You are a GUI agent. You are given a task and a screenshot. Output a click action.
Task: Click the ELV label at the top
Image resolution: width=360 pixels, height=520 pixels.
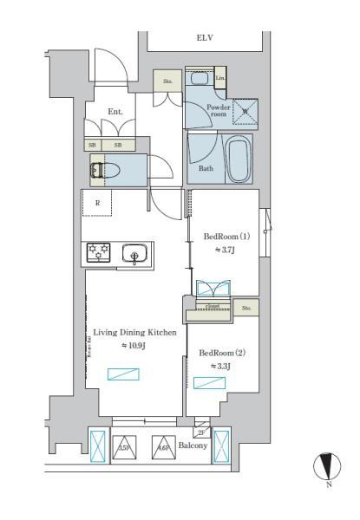pyautogui.click(x=205, y=39)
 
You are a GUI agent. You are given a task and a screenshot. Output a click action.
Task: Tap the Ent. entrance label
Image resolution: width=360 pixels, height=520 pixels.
pyautogui.click(x=116, y=112)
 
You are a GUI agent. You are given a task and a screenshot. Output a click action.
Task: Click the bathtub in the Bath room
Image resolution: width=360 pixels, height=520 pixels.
pyautogui.click(x=239, y=160)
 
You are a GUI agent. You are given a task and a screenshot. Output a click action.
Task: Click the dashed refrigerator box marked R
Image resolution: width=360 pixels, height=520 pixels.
pyautogui.click(x=96, y=205)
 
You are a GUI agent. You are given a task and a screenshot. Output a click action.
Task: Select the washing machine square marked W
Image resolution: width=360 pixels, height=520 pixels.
pyautogui.click(x=244, y=112)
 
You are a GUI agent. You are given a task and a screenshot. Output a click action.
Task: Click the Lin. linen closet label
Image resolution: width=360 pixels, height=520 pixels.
pyautogui.click(x=219, y=79)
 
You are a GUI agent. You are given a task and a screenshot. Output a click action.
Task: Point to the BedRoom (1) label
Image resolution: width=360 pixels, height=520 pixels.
pyautogui.click(x=226, y=237)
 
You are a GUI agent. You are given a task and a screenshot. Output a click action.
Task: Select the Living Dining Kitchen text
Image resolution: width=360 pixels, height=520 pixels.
pyautogui.click(x=134, y=332)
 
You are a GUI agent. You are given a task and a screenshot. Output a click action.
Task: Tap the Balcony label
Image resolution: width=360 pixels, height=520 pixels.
pyautogui.click(x=193, y=445)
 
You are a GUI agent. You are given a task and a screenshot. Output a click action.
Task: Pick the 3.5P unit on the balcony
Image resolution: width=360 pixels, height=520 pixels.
pyautogui.click(x=123, y=447)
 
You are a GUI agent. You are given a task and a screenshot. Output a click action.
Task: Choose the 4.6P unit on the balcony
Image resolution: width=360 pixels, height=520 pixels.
pyautogui.click(x=161, y=447)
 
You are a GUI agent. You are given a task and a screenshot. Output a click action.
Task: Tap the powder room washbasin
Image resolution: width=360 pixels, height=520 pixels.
pyautogui.click(x=199, y=79)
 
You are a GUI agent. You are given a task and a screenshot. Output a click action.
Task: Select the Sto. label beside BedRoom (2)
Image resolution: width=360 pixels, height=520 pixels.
pyautogui.click(x=246, y=307)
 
